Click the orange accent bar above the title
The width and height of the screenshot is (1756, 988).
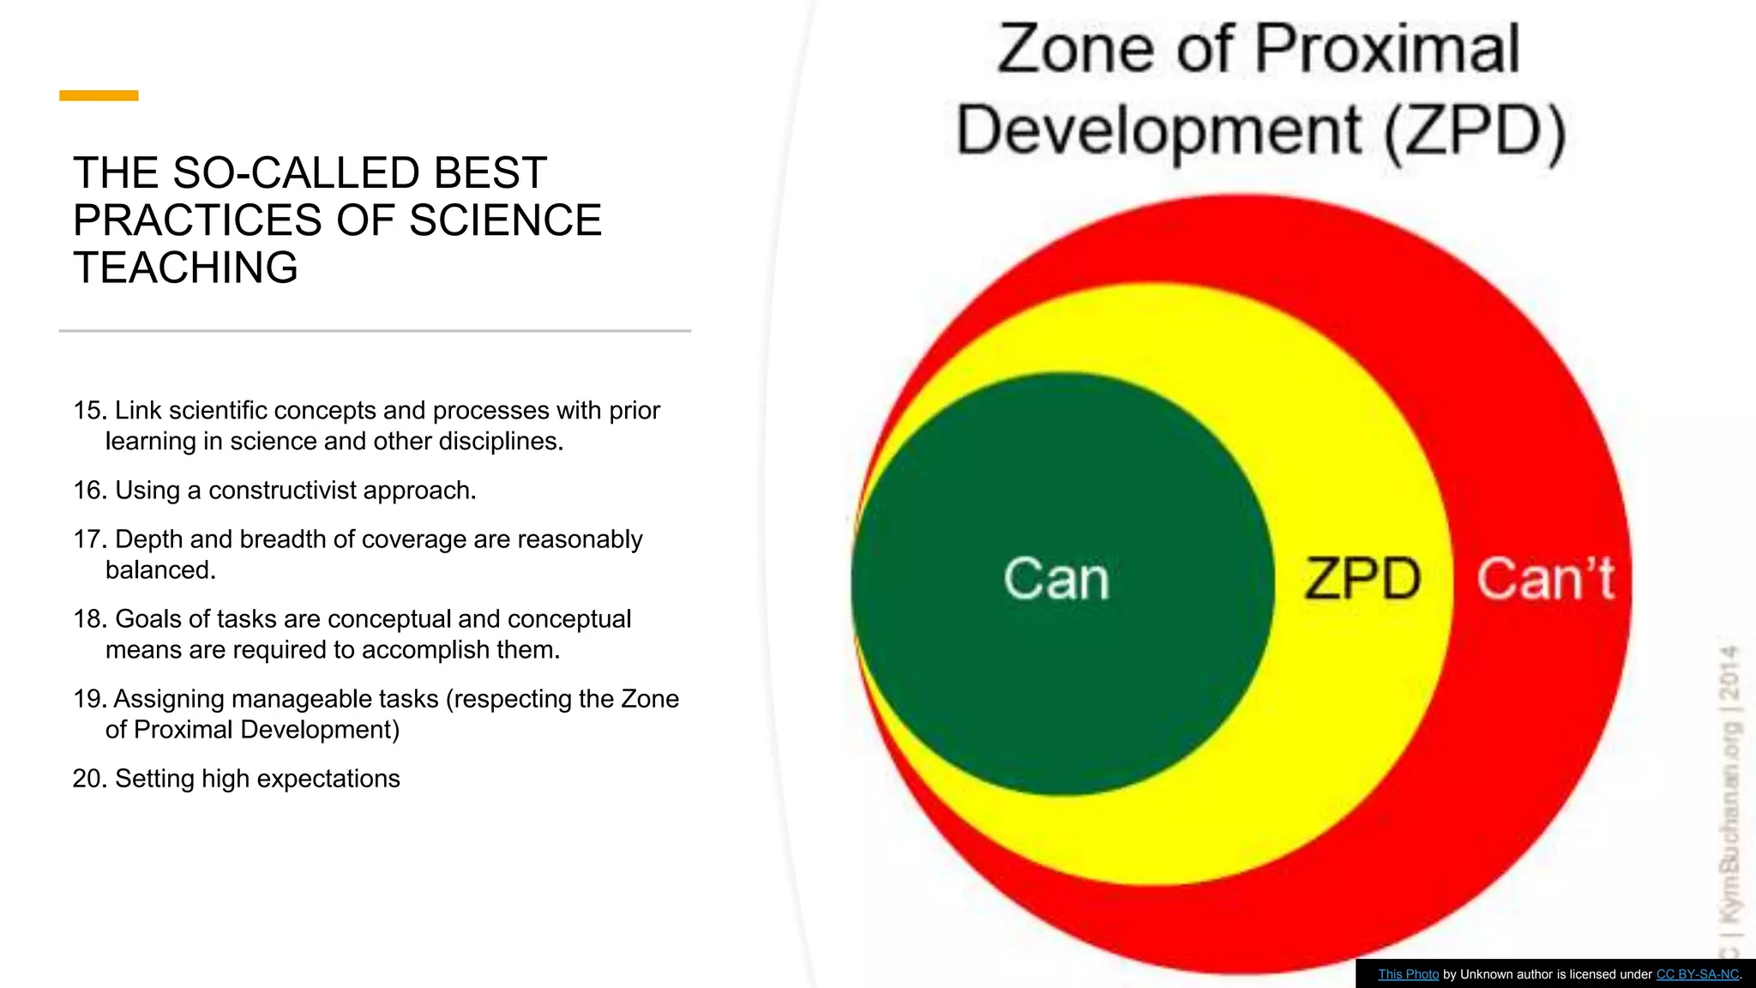coord(99,95)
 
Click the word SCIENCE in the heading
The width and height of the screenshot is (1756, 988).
coord(505,220)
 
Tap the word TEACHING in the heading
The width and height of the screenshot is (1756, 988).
coord(185,268)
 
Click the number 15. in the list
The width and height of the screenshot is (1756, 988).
coord(89,411)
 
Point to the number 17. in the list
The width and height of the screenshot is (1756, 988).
coord(89,539)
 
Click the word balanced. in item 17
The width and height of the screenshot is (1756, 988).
coord(160,570)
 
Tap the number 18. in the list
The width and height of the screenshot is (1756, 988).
coord(89,619)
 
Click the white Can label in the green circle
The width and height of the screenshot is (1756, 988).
coord(1056,579)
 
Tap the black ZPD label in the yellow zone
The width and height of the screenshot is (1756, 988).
coord(1362,579)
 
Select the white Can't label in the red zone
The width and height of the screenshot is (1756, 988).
coord(1545,579)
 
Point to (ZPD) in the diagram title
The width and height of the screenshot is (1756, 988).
coord(1475,131)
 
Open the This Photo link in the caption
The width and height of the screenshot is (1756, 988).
coord(1408,974)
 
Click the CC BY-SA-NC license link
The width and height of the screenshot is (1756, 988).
coord(1697,974)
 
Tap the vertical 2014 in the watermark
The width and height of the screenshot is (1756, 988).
coord(1731,673)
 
